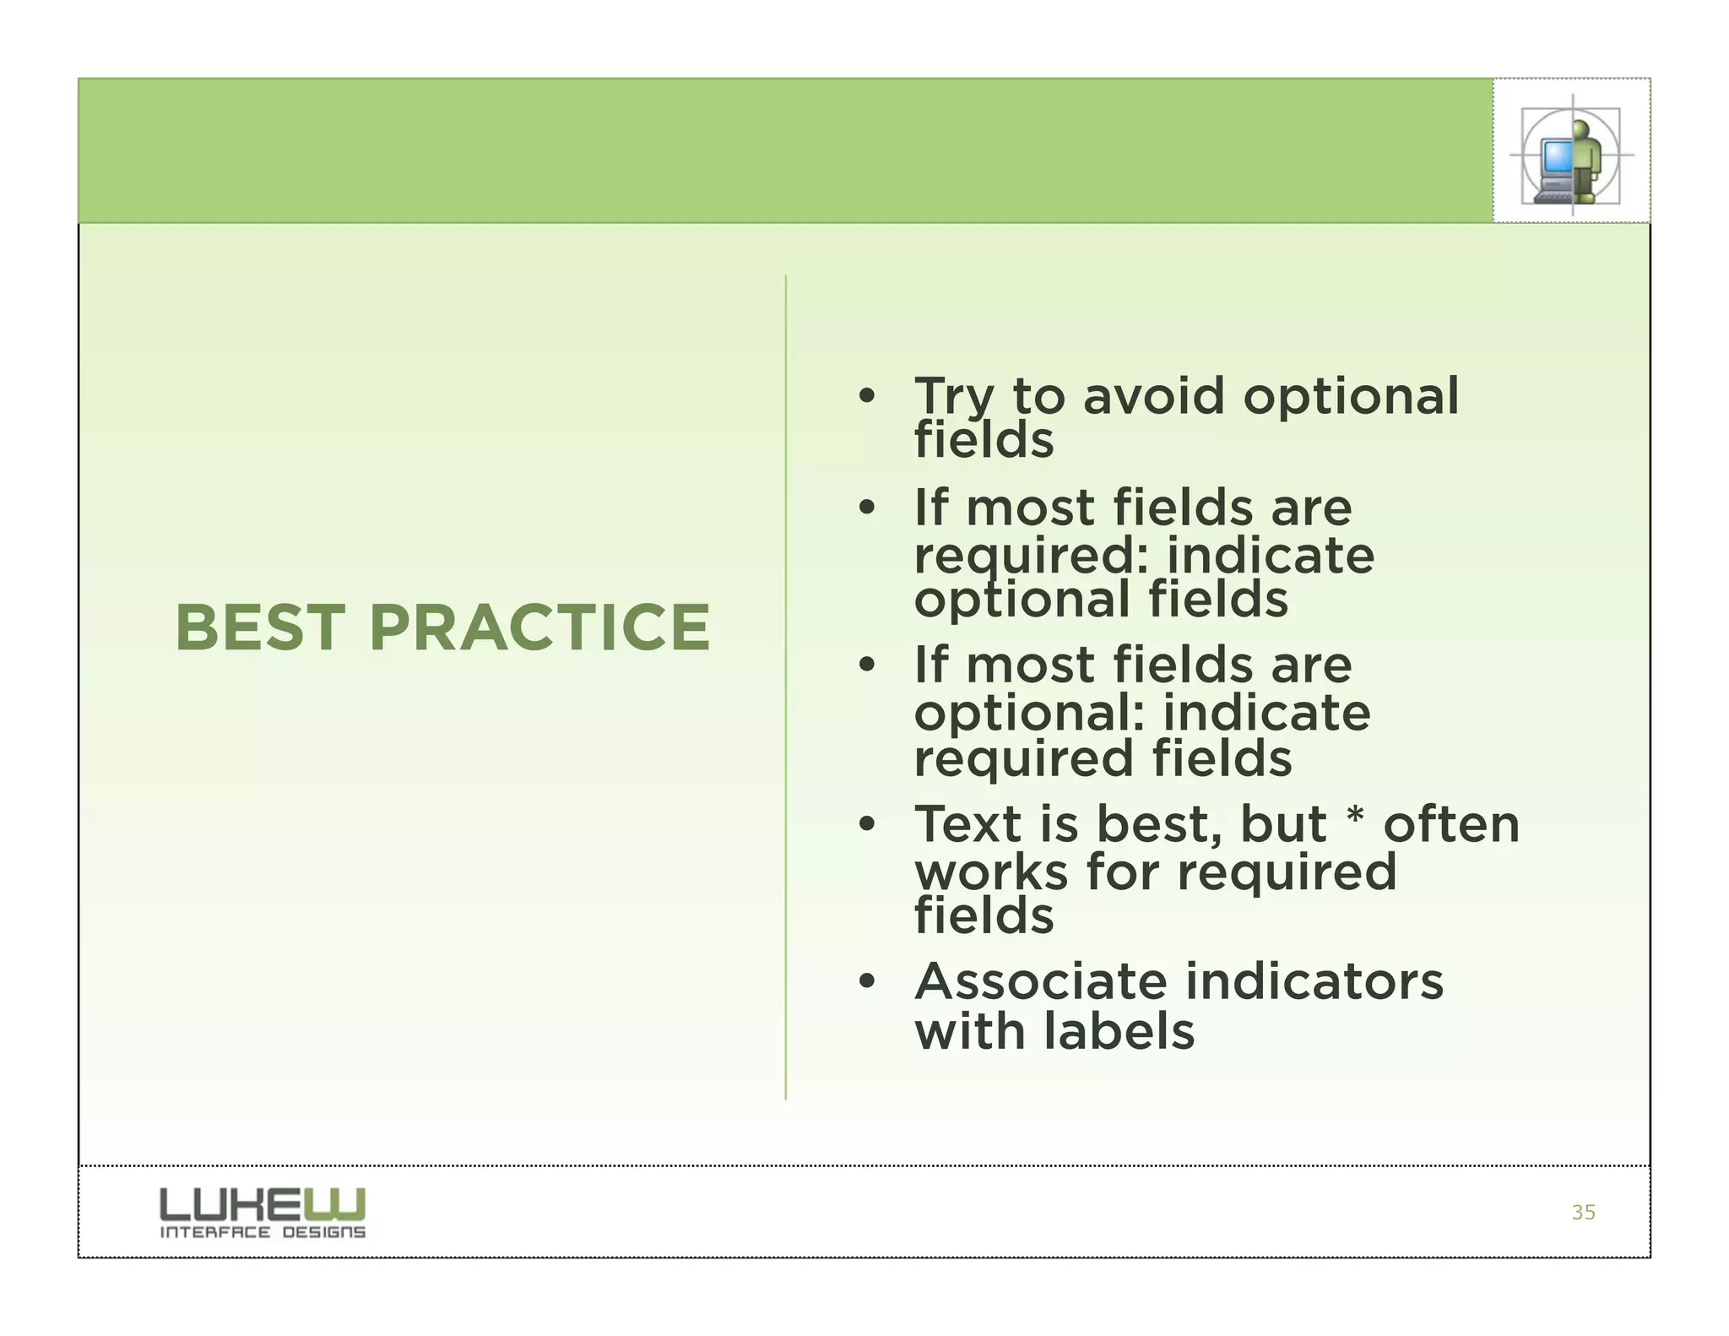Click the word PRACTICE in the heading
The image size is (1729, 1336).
(x=539, y=628)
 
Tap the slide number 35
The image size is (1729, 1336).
(x=1583, y=1213)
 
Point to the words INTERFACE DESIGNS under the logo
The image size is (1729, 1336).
(x=263, y=1233)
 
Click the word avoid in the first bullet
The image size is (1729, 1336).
(x=1153, y=396)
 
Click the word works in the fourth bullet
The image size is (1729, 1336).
(x=991, y=872)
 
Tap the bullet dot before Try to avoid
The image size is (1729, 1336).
(x=866, y=396)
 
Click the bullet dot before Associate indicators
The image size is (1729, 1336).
(x=866, y=982)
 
